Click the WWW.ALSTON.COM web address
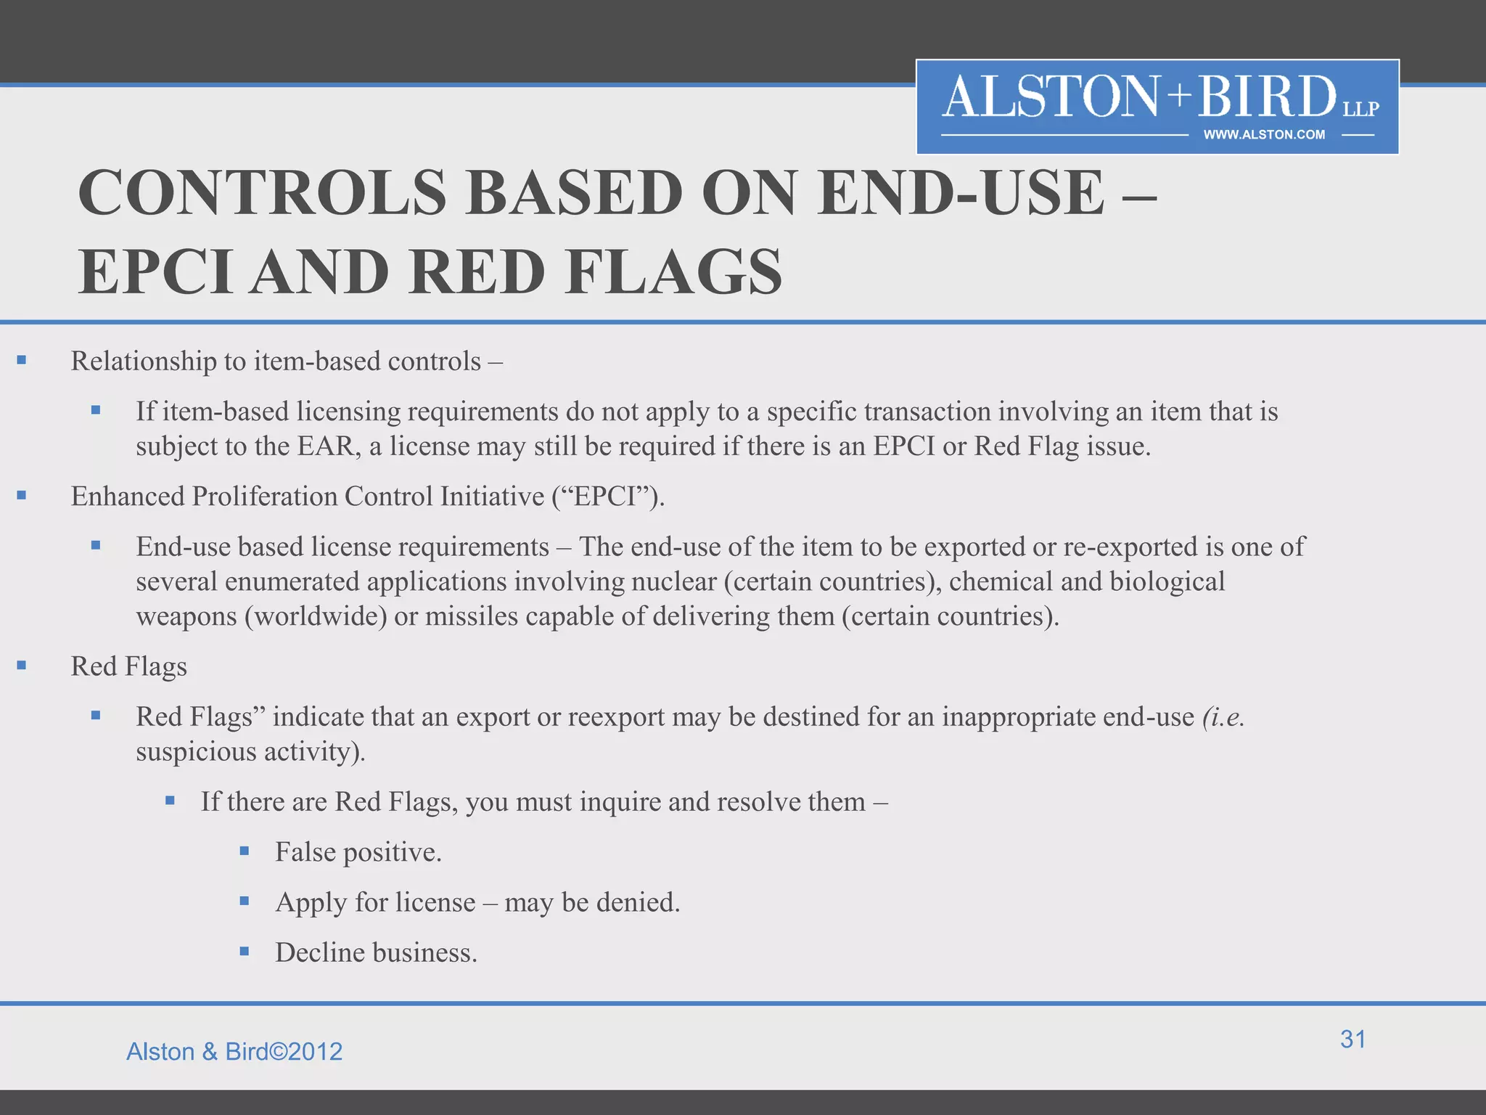pyautogui.click(x=1264, y=135)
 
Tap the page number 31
pyautogui.click(x=1352, y=1040)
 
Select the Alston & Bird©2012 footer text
pyautogui.click(x=234, y=1052)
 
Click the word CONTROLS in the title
pyautogui.click(x=262, y=193)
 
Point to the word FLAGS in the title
pyautogui.click(x=674, y=273)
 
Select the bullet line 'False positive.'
pyautogui.click(x=358, y=852)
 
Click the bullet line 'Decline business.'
pyautogui.click(x=376, y=952)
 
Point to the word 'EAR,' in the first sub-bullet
pyautogui.click(x=329, y=446)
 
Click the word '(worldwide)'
pyautogui.click(x=316, y=616)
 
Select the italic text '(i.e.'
pyautogui.click(x=1223, y=717)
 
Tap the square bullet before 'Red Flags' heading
pyautogui.click(x=22, y=666)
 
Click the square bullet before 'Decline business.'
pyautogui.click(x=245, y=951)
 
